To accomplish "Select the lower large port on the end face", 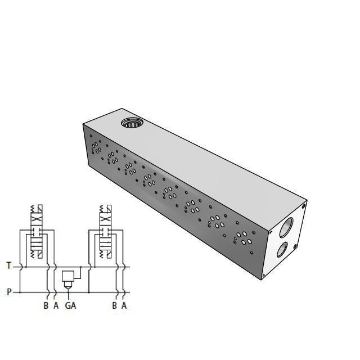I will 285,249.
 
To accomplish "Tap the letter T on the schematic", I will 8,265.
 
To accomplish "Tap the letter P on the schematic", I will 8,292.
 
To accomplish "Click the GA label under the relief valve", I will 70,306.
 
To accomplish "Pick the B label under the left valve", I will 46,306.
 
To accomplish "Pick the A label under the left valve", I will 56,306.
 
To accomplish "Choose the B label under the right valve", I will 115,306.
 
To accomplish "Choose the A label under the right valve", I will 124,306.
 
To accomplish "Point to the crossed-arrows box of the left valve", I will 37,219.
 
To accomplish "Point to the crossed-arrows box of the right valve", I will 105,219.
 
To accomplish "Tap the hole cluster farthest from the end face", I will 96,147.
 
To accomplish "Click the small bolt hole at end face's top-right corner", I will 304,206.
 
